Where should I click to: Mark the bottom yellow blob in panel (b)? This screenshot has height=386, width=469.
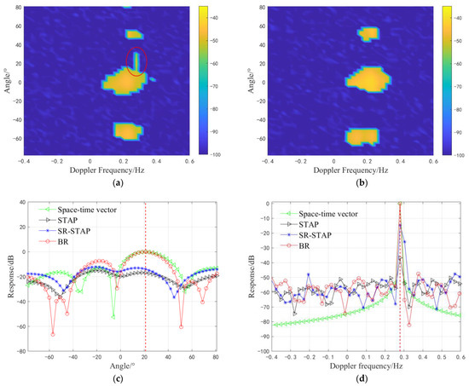pos(368,136)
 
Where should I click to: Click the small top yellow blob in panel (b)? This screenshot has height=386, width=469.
pos(368,33)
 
